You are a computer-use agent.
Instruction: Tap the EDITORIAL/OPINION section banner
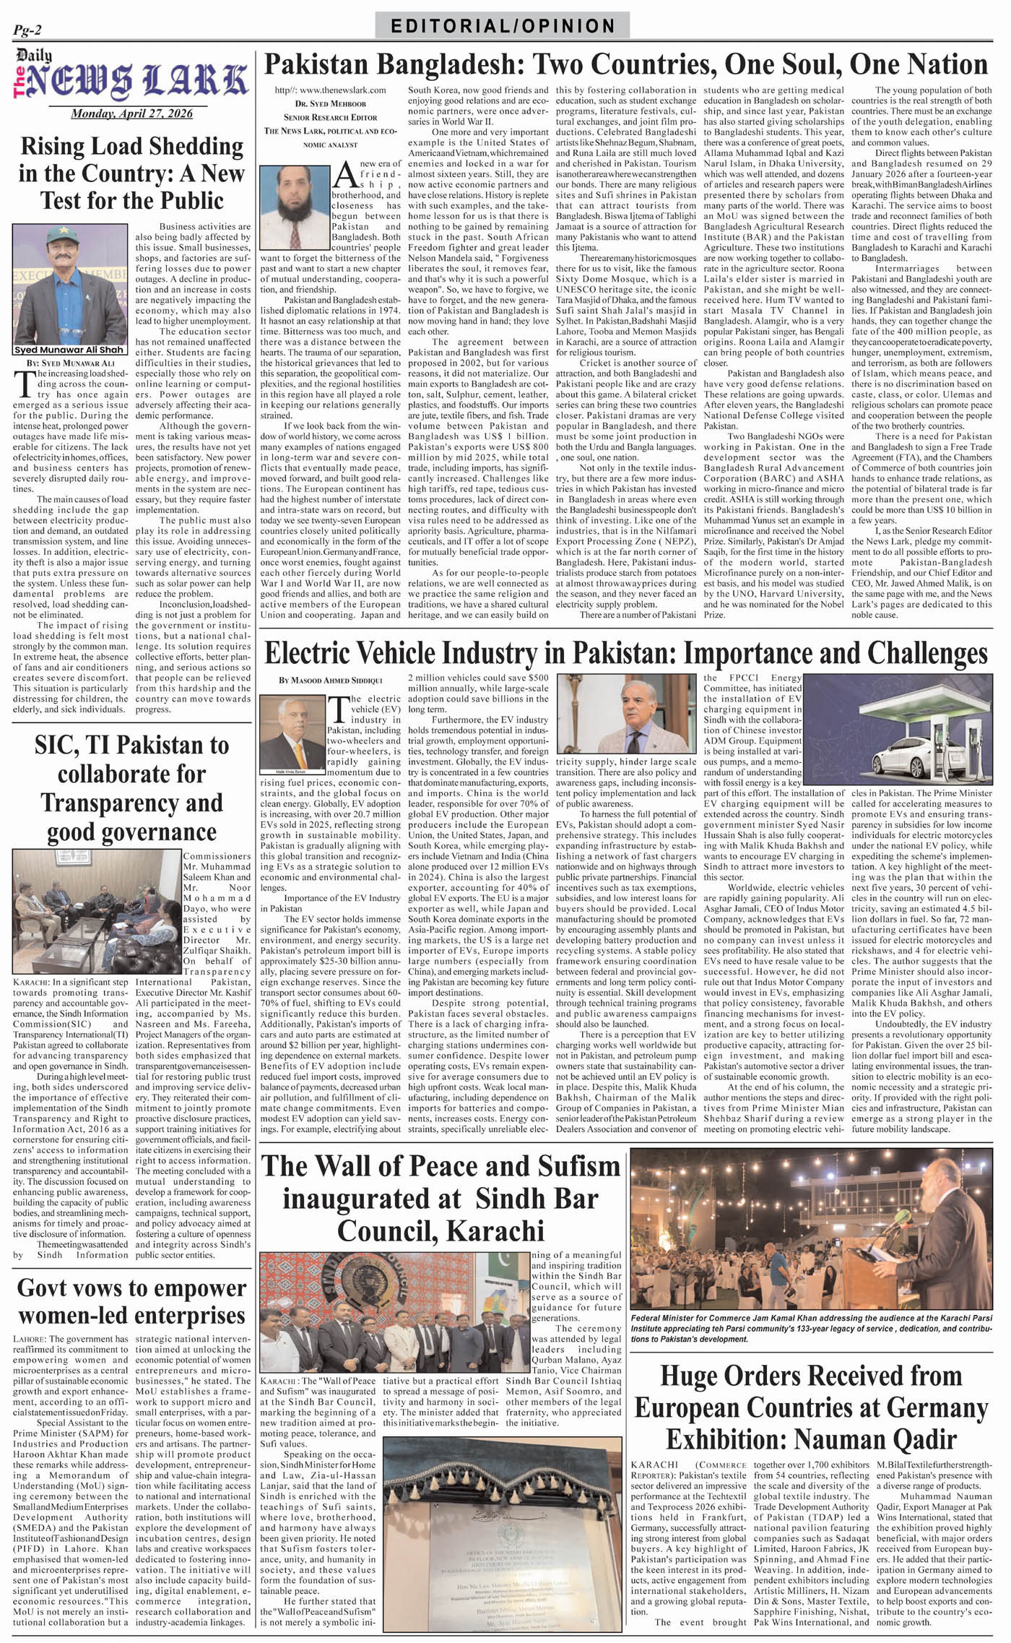pyautogui.click(x=503, y=27)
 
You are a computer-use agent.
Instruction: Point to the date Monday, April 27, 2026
pyautogui.click(x=131, y=114)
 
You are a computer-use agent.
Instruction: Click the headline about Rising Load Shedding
pyautogui.click(x=131, y=173)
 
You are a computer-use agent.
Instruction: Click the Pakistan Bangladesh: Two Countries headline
pyautogui.click(x=625, y=65)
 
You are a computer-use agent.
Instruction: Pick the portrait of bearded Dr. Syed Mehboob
pyautogui.click(x=294, y=207)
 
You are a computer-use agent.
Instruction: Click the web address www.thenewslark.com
pyautogui.click(x=330, y=90)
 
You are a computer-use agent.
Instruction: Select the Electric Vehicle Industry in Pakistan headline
pyautogui.click(x=625, y=653)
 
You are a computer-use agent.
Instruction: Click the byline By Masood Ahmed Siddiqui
pyautogui.click(x=331, y=681)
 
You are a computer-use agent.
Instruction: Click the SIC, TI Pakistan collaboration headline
pyautogui.click(x=131, y=788)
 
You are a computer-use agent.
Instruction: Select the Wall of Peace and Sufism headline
pyautogui.click(x=441, y=1198)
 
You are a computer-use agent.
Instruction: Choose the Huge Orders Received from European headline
pyautogui.click(x=811, y=1407)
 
